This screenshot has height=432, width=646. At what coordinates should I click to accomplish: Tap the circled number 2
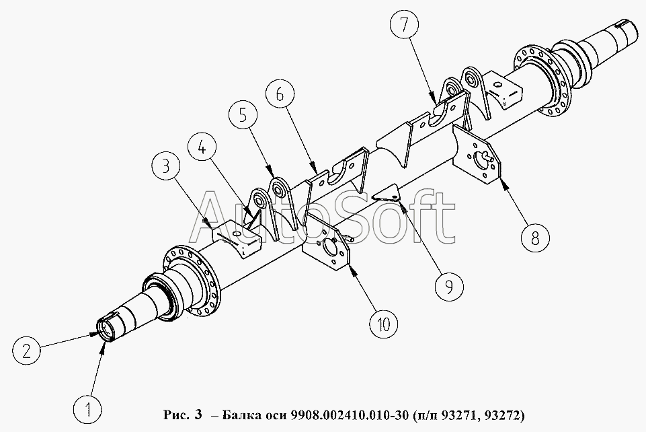(27, 351)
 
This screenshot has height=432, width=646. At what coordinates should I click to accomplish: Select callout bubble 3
(166, 168)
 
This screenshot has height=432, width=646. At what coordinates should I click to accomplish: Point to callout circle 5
(243, 116)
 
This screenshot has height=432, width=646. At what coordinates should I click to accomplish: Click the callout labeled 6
(280, 95)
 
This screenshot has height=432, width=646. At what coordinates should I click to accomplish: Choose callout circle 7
(404, 25)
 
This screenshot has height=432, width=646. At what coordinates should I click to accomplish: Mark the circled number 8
(535, 237)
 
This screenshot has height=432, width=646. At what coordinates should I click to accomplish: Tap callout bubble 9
(449, 285)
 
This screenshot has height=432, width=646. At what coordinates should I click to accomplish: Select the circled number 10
(384, 324)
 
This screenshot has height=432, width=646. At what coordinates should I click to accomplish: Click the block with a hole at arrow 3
(237, 239)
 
